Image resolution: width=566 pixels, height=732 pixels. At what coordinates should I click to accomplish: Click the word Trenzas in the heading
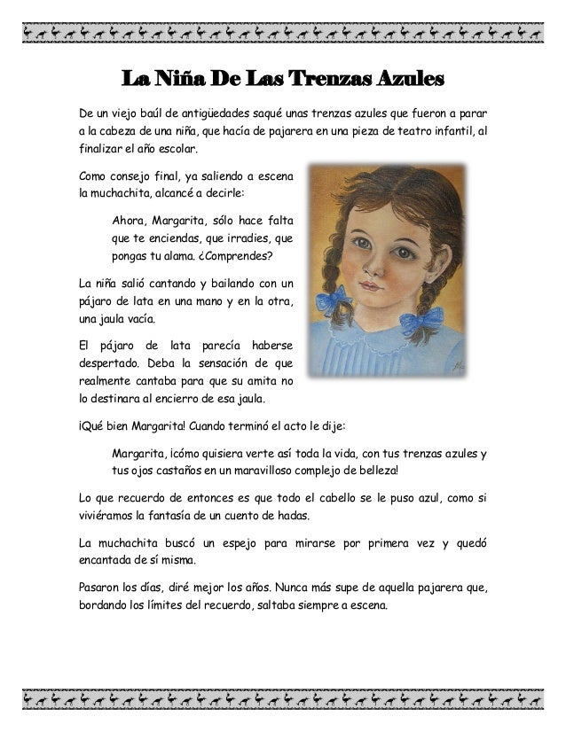click(x=336, y=82)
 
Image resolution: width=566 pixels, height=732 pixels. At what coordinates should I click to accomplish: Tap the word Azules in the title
click(x=411, y=82)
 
